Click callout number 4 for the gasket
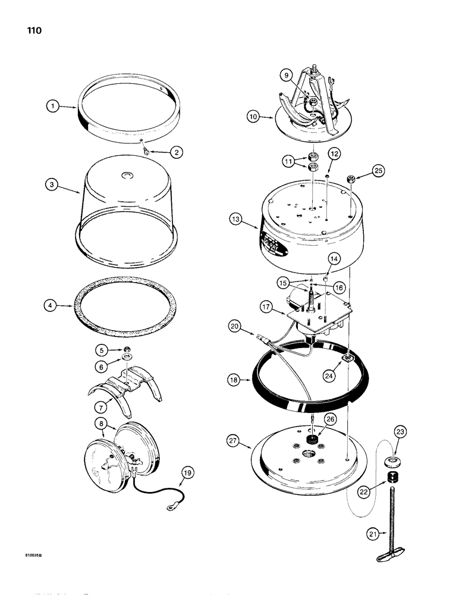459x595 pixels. coord(53,307)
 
